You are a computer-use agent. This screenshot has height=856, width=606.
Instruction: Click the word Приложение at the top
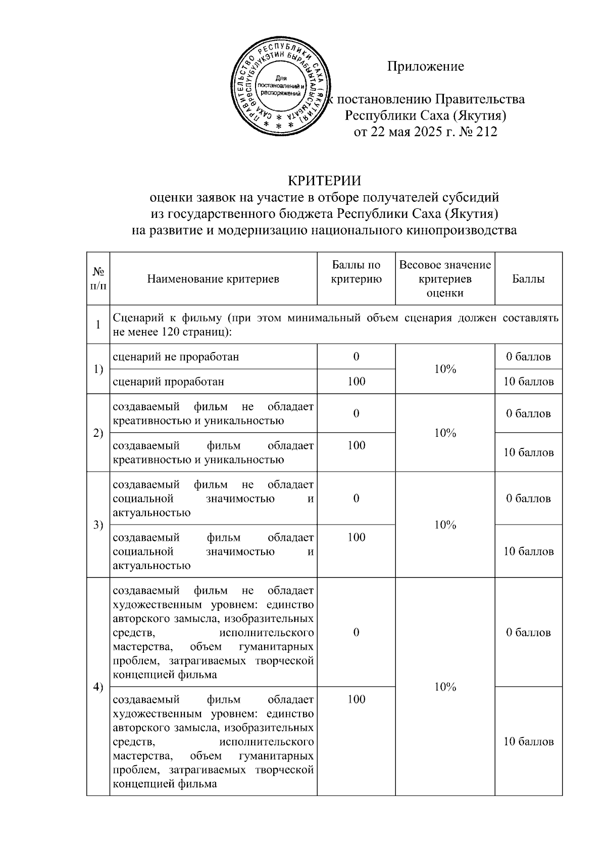click(425, 67)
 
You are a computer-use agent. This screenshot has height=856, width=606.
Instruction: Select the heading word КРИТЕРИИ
click(324, 181)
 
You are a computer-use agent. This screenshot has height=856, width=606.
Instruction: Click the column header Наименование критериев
click(213, 279)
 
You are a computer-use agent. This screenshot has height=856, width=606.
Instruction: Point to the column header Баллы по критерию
click(356, 272)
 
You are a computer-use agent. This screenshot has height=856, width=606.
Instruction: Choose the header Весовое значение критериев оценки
click(445, 279)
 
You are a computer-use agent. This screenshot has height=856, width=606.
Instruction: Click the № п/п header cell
click(98, 278)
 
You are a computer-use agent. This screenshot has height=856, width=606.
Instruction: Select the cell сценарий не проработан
click(176, 357)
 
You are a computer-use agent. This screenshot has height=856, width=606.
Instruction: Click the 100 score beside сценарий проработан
click(356, 382)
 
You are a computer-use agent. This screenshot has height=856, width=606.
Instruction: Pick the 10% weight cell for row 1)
click(445, 369)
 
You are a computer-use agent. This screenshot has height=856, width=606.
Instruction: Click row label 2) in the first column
click(98, 433)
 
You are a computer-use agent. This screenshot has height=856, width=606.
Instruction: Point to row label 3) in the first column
click(98, 525)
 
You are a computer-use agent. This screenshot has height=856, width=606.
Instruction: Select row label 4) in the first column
click(98, 687)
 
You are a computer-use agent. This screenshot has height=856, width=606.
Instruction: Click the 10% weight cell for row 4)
click(445, 687)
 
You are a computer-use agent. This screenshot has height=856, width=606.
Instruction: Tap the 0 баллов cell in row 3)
click(528, 499)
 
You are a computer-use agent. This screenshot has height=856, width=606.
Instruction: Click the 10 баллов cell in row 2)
click(528, 452)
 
